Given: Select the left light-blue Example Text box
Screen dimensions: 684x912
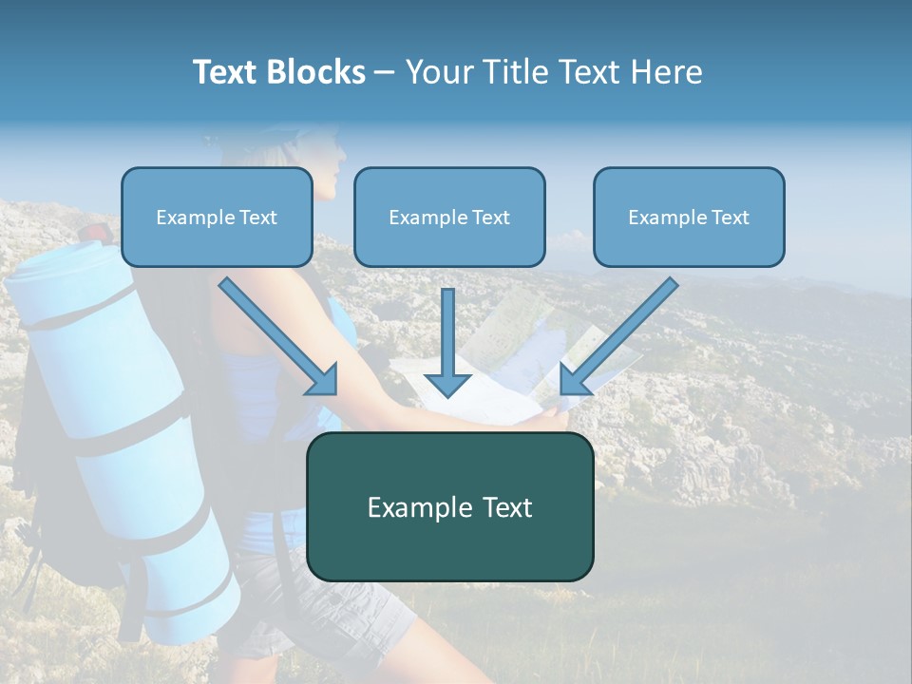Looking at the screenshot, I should (217, 218).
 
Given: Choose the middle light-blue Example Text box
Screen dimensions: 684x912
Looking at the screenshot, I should (449, 218).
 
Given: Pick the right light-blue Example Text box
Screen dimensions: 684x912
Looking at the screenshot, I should (689, 218).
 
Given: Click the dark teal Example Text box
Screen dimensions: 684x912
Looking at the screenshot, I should (449, 506).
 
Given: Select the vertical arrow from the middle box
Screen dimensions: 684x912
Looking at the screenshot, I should (447, 342).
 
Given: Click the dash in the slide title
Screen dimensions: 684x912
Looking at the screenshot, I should (385, 73).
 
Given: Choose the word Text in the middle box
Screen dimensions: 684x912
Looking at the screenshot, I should (490, 218).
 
